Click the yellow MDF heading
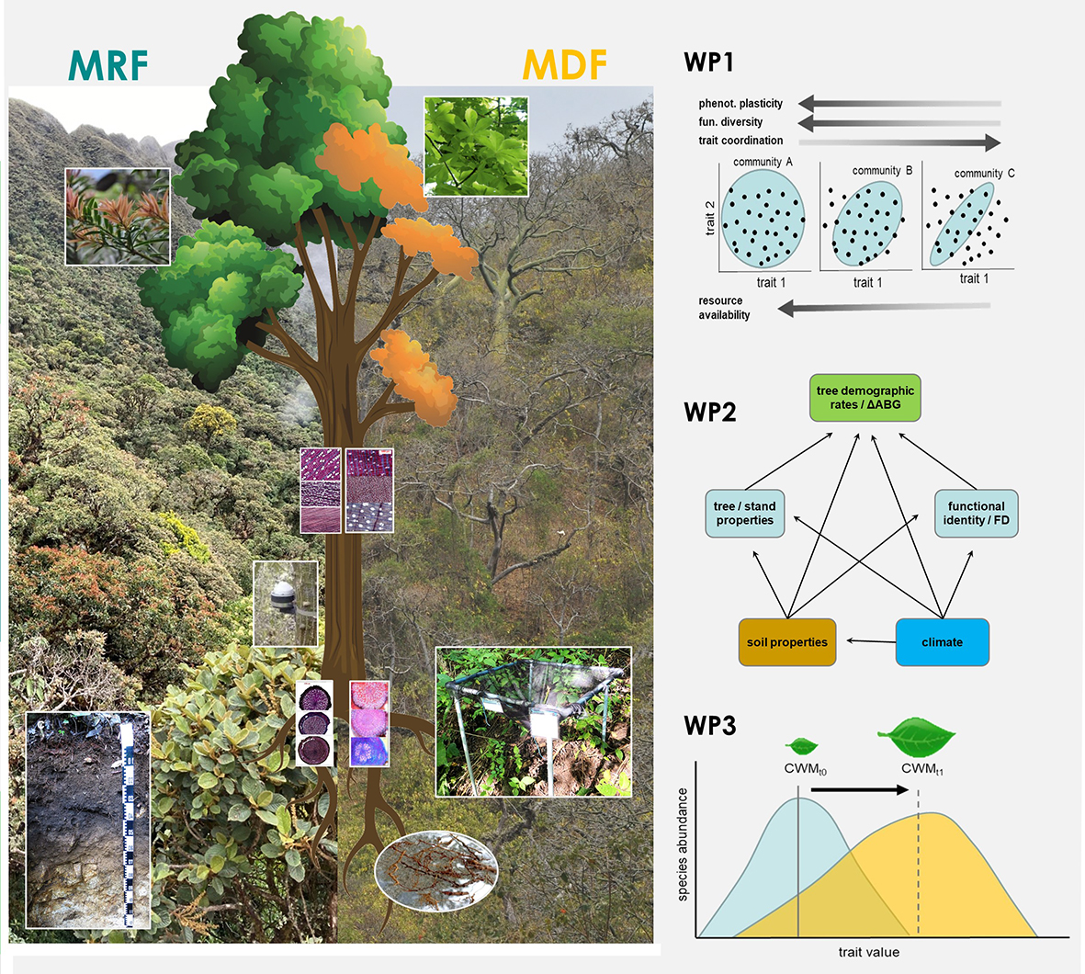point(564,64)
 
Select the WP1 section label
point(708,62)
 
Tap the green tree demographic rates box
point(865,398)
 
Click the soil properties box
point(786,642)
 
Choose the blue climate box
point(942,642)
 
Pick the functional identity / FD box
point(976,514)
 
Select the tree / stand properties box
point(744,514)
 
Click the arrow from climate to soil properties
point(870,640)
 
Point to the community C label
point(984,173)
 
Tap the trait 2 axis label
point(709,219)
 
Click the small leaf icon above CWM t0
point(802,746)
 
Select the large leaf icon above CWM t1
point(916,736)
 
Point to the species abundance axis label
point(683,844)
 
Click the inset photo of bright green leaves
point(476,146)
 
